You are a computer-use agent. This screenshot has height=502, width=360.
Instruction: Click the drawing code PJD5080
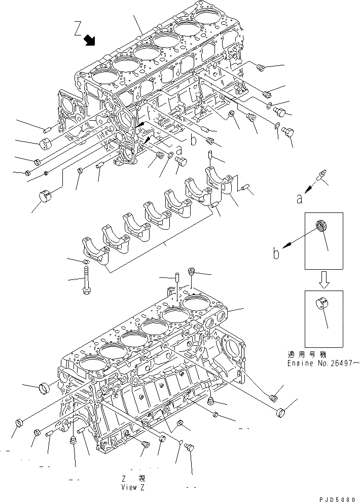(x=338, y=498)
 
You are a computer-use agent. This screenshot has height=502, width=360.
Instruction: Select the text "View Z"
(x=133, y=487)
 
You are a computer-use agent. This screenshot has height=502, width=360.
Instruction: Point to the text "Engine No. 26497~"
(x=323, y=364)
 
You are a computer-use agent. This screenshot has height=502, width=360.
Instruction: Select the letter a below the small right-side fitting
(x=300, y=199)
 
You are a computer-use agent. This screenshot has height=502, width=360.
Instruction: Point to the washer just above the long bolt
(x=86, y=261)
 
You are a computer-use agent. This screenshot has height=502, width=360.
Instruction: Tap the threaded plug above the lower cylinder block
(x=192, y=272)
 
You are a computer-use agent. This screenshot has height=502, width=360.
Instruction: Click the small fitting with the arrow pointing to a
(x=321, y=175)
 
